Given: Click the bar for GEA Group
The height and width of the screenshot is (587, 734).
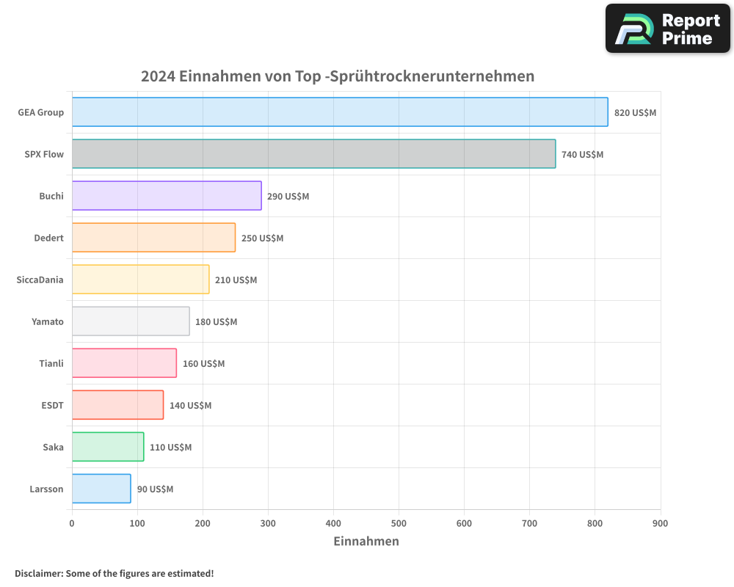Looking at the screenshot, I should (340, 112).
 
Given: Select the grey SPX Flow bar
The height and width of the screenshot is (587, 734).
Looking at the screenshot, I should (313, 154).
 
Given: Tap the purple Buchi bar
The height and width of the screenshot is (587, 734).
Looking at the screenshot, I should (167, 196).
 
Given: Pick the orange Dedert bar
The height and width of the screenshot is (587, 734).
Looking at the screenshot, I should (153, 238).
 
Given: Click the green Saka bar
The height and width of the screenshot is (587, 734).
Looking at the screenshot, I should (108, 447).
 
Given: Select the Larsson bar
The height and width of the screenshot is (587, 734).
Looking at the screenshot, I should (101, 489).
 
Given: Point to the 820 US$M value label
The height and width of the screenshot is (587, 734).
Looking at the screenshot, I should (635, 113).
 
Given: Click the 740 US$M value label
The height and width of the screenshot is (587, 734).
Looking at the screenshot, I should (582, 155).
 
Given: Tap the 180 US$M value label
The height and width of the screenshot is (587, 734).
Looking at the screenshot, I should (216, 322).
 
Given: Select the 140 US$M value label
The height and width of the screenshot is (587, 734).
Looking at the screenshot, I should (190, 406).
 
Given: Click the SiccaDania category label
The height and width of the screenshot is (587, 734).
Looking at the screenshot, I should (40, 280).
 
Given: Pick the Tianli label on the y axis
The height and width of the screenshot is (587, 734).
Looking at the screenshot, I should (51, 363).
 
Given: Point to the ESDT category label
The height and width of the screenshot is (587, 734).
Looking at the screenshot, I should (53, 405).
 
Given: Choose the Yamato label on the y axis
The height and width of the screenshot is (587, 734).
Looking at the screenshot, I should (48, 321).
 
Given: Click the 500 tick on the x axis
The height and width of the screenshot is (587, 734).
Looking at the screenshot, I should (399, 523).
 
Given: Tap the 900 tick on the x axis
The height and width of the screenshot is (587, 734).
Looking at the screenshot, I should (660, 523).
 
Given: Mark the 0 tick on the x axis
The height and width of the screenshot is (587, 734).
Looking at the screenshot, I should (72, 523).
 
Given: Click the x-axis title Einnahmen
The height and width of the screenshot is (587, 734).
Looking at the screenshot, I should (366, 542).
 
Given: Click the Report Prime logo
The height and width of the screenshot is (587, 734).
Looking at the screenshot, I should (667, 29).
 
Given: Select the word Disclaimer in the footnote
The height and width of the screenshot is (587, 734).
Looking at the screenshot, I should (38, 573).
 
